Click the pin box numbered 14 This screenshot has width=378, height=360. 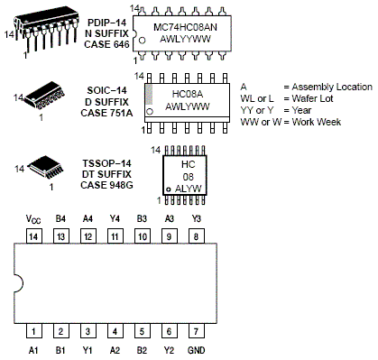(x=33, y=235)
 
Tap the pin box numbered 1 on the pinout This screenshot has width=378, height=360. (x=33, y=331)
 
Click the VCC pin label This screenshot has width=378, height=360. (x=32, y=218)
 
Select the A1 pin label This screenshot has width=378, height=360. (x=33, y=348)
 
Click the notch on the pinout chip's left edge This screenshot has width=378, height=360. (x=16, y=284)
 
